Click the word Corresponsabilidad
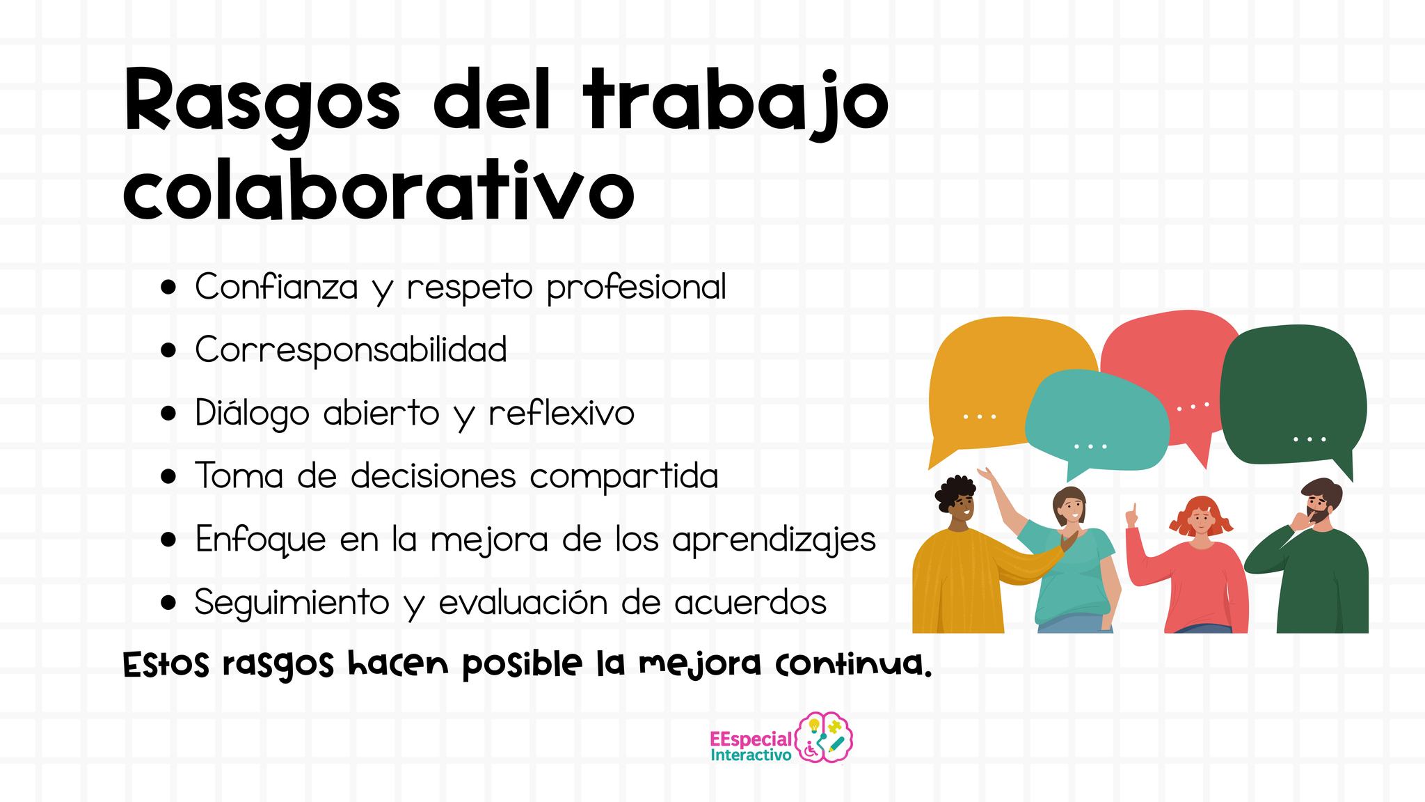coord(351,349)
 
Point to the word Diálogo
coord(252,413)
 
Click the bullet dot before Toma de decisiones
coord(168,478)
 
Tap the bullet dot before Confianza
coord(168,288)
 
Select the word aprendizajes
coord(774,540)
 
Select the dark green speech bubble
coord(1293,400)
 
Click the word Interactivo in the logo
coord(751,755)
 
